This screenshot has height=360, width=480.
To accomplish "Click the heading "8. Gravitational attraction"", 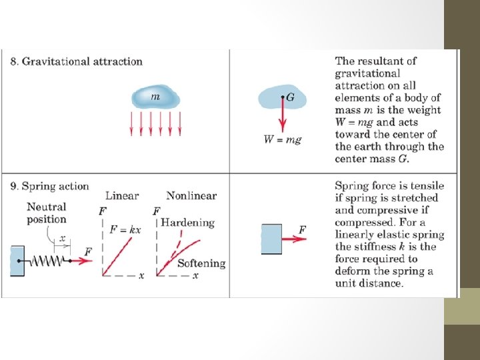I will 77,61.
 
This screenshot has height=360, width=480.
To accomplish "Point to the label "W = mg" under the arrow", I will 283,140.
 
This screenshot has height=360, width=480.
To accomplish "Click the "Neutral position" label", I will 47,213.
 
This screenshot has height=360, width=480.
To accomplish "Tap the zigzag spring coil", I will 47,260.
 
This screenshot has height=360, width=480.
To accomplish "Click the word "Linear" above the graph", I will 122,195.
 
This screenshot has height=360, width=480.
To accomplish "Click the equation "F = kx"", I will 125,229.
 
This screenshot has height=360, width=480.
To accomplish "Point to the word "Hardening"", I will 187,223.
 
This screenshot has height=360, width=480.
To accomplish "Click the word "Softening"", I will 201,263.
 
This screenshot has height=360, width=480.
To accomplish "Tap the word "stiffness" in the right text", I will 382,247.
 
